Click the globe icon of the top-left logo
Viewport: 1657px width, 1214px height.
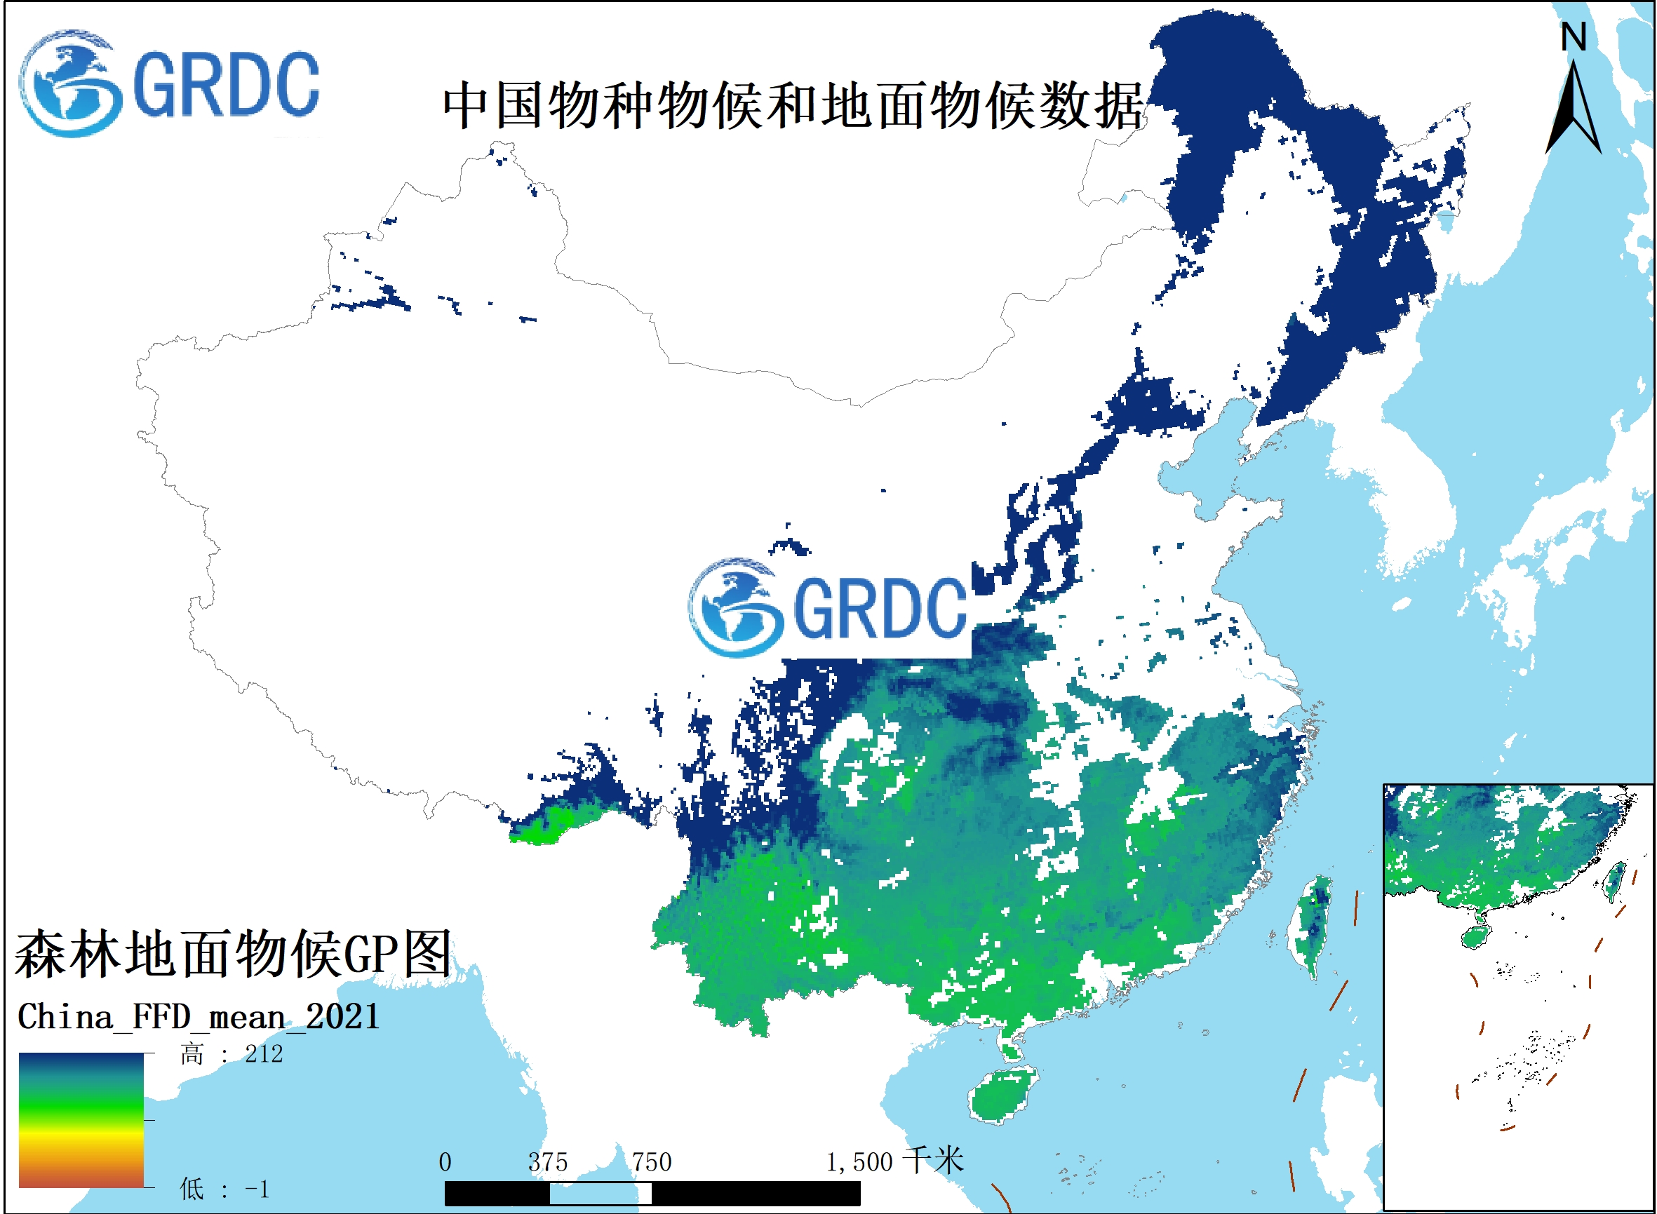point(69,83)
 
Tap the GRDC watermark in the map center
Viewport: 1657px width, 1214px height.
point(829,608)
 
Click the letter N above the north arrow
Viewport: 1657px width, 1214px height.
point(1574,37)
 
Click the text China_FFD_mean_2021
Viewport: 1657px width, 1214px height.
point(199,1018)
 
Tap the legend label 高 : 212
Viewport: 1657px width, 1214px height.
point(232,1055)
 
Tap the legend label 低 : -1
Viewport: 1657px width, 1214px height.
point(224,1189)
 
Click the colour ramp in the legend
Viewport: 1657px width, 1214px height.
point(81,1120)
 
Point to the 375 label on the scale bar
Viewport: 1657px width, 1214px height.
point(548,1163)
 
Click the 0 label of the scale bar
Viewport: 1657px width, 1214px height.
point(445,1163)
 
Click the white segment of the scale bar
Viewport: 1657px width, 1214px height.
point(600,1194)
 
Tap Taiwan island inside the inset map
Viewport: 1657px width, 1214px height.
point(1614,882)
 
